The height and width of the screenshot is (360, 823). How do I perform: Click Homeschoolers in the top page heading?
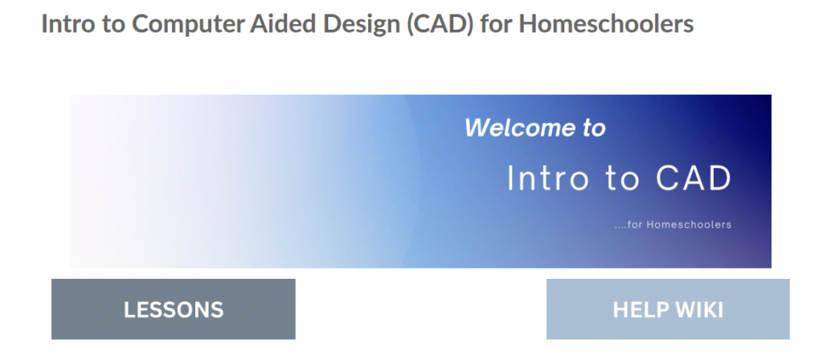tap(606, 23)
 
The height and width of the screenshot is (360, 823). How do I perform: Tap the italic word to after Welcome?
tap(592, 129)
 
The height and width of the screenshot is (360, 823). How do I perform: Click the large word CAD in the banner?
tap(694, 178)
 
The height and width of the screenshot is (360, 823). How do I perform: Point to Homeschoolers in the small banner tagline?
tap(689, 225)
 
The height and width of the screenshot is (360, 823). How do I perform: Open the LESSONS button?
tap(174, 309)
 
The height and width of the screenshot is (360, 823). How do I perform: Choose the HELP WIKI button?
tap(668, 309)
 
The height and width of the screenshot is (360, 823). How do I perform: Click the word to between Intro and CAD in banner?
tap(623, 179)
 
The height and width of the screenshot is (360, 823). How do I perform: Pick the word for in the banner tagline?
tap(636, 225)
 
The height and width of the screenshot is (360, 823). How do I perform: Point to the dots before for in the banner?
tap(621, 227)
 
